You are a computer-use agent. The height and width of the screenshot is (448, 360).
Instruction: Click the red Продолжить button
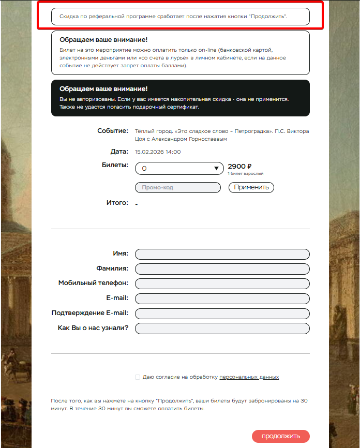click(281, 436)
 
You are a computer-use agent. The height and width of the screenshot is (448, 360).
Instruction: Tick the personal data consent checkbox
click(138, 377)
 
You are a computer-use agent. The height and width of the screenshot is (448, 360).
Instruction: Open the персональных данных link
click(249, 377)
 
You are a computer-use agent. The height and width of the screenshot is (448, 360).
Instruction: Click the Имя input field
click(222, 254)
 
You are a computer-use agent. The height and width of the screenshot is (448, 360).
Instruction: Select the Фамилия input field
click(222, 269)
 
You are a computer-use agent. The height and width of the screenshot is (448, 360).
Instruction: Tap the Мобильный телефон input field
click(222, 283)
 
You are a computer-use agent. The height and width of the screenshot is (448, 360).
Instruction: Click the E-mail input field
click(222, 298)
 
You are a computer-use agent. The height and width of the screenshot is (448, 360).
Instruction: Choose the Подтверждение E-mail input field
click(222, 313)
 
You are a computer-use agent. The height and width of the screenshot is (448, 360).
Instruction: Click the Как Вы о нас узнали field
click(222, 328)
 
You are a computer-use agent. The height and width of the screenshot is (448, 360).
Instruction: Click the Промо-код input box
click(177, 187)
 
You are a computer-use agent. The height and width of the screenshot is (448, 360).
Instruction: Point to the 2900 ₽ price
click(239, 166)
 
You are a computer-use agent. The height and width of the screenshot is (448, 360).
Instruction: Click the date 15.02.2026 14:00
click(158, 152)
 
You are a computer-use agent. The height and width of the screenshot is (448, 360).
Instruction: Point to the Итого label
click(117, 203)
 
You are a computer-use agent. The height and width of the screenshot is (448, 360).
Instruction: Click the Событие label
click(112, 131)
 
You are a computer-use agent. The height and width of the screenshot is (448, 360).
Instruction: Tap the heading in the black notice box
click(103, 89)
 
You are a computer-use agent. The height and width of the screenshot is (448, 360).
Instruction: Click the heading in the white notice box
click(103, 39)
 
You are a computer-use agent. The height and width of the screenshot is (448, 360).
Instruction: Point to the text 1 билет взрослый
click(246, 174)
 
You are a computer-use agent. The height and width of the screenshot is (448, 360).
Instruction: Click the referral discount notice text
click(173, 17)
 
